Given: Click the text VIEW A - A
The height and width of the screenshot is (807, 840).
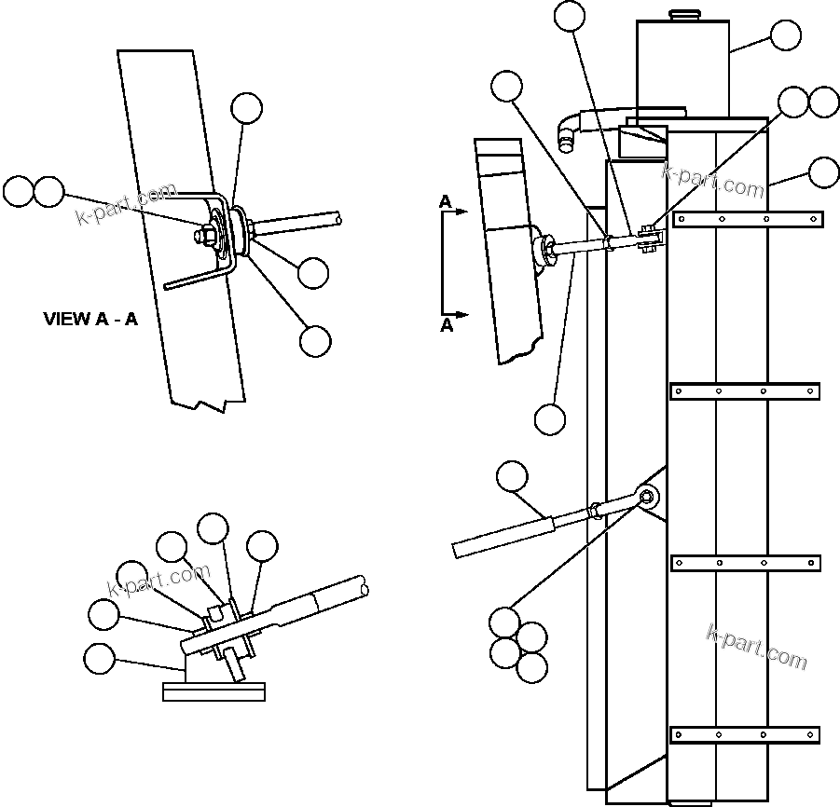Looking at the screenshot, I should pyautogui.click(x=90, y=319).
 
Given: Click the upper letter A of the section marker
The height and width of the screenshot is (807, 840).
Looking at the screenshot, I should pyautogui.click(x=446, y=201).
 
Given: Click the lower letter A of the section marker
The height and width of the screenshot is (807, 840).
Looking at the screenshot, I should pyautogui.click(x=447, y=324).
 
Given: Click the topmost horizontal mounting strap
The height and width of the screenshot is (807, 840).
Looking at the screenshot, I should pyautogui.click(x=748, y=220).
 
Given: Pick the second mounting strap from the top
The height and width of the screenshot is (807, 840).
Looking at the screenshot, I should pyautogui.click(x=744, y=390).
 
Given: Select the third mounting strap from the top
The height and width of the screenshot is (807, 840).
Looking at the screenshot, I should pyautogui.click(x=746, y=563).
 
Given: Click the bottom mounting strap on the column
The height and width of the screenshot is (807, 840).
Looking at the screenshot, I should pyautogui.click(x=746, y=734).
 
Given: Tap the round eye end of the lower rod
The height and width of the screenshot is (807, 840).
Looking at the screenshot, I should pyautogui.click(x=647, y=498).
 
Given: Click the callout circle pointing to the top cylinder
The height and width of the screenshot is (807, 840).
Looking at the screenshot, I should pyautogui.click(x=786, y=35).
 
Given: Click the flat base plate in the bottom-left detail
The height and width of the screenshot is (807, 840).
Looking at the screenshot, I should pyautogui.click(x=213, y=691).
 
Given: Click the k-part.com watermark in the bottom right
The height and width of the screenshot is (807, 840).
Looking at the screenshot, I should pyautogui.click(x=757, y=646).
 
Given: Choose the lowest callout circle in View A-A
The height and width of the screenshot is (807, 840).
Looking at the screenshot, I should pyautogui.click(x=315, y=341).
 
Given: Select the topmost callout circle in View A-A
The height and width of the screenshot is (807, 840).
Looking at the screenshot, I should pyautogui.click(x=247, y=108).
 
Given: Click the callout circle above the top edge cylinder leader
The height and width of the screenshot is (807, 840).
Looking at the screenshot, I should pyautogui.click(x=569, y=16).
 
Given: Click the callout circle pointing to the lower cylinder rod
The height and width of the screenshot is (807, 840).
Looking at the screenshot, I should pyautogui.click(x=511, y=477).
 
